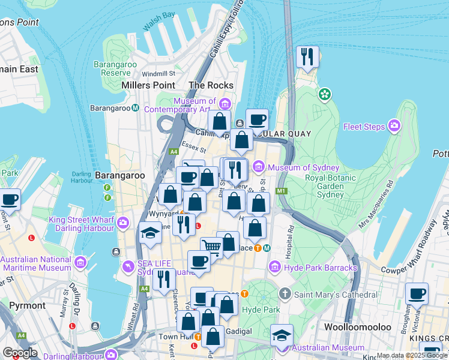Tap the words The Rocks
(211, 85)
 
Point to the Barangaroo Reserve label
(116, 68)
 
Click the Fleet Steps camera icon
(394, 126)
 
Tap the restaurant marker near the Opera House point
(307, 57)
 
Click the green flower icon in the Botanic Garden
(325, 94)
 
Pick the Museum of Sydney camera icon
(259, 167)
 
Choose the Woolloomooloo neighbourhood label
(358, 327)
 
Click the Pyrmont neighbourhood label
(28, 305)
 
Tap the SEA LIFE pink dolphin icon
(127, 266)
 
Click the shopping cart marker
(211, 246)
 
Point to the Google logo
(20, 352)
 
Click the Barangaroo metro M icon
(136, 108)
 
